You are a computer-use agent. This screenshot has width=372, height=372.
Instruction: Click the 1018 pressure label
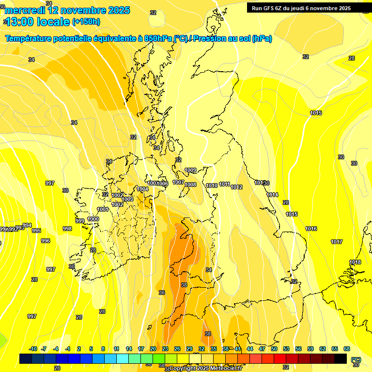pos(355,262)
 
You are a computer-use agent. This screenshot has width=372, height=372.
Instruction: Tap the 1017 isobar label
pos(337,242)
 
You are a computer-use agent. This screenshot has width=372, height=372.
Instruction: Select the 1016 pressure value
pos(311,229)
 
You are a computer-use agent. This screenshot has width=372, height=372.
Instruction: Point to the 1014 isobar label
pos(272,195)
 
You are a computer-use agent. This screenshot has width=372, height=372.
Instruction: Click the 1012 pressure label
pos(236,187)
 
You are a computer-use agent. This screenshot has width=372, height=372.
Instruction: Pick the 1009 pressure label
pos(190,170)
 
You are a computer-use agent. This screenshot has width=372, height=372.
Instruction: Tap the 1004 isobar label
pos(142,189)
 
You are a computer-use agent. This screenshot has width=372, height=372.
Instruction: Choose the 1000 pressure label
pos(93,219)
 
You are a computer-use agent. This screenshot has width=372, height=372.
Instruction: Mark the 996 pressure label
pos(46,241)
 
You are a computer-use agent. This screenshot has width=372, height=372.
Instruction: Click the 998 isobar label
pos(67,229)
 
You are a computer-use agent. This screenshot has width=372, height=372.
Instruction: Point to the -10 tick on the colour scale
pos(33,349)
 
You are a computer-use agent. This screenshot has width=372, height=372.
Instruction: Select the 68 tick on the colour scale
pos(347,349)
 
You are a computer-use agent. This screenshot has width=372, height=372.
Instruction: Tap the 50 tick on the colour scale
pos(274,349)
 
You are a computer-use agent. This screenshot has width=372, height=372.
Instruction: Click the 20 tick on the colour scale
pos(153,349)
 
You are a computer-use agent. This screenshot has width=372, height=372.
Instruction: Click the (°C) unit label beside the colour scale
pos(356,359)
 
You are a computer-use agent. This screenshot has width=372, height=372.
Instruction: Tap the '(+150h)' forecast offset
pos(86,21)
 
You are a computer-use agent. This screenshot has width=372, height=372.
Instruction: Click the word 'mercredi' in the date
pos(25,10)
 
